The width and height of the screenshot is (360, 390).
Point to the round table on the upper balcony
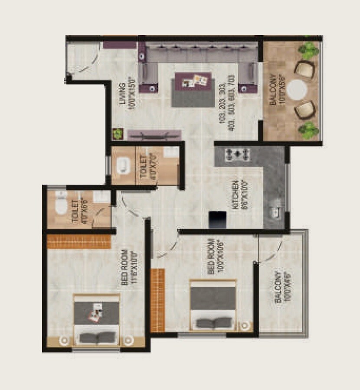[298, 89]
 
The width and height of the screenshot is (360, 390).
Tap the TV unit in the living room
[154, 135]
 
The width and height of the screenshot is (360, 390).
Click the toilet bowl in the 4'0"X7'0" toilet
[123, 166]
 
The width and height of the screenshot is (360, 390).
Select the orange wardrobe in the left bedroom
[79, 241]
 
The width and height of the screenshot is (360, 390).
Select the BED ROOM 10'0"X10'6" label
[215, 256]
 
